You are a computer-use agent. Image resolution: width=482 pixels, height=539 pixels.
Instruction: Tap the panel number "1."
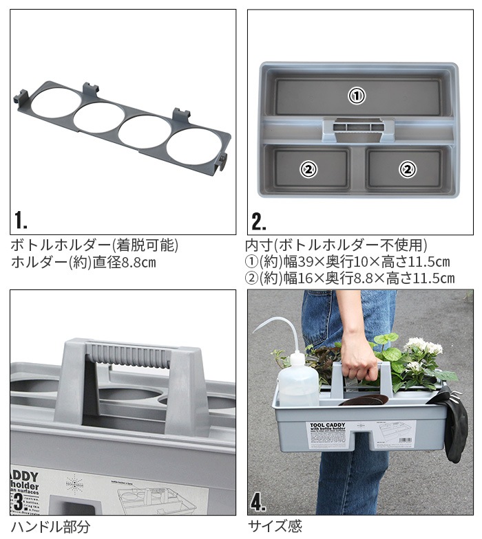21,221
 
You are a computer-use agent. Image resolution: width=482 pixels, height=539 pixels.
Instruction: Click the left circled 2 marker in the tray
308,168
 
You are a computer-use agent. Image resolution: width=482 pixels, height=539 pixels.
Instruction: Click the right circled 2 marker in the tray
408,168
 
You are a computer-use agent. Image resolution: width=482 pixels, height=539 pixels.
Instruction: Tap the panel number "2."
259,221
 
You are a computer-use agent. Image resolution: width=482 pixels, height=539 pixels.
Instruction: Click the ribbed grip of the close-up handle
131,358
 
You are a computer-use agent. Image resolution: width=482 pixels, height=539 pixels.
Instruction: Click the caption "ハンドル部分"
50,527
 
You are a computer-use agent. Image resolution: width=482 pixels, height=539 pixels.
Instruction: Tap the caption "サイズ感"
275,527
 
